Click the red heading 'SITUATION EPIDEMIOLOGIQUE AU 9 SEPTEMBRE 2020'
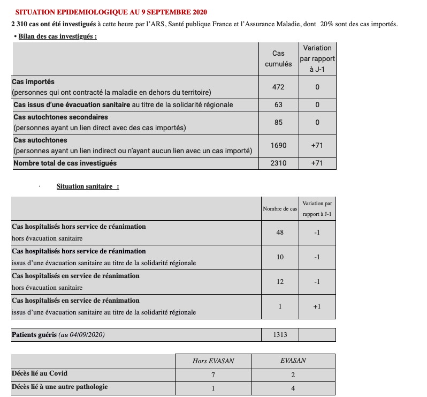(111, 12)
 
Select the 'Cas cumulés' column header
(278, 58)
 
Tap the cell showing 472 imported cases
(278, 87)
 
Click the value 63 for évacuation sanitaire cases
(278, 105)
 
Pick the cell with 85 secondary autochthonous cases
(278, 122)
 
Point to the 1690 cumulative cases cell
(278, 145)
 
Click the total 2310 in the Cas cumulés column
(278, 163)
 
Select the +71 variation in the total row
(317, 163)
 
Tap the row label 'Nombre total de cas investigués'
(65, 163)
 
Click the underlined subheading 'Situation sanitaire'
(85, 186)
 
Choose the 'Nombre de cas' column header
(279, 208)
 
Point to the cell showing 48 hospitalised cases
(280, 233)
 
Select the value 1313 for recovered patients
(280, 335)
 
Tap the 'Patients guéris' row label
(34, 335)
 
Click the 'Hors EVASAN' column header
(213, 361)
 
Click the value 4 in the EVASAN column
(293, 387)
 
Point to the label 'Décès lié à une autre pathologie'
(59, 387)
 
